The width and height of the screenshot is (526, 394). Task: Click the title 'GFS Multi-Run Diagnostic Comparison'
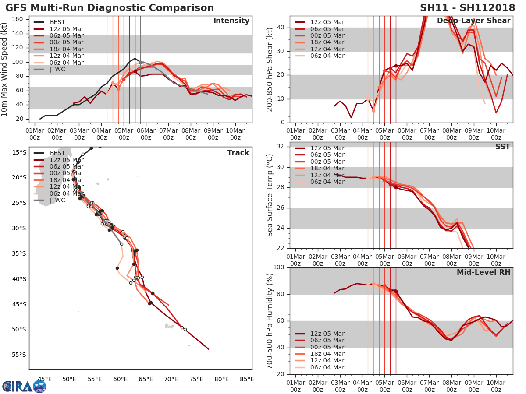110,8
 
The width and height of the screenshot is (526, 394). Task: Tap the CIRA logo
24,386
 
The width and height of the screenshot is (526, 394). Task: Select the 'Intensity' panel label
231,21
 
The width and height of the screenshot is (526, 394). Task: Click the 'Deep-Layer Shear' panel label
473,21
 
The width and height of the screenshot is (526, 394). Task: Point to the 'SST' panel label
502,147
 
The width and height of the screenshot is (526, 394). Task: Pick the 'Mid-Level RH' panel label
483,272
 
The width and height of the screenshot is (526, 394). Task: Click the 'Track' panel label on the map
238,153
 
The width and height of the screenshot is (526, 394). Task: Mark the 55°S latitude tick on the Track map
19,355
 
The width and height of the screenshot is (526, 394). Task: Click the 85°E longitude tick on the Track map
247,379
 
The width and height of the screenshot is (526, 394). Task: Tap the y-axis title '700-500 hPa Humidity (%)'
270,320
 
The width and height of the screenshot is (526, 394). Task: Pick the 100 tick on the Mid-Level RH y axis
279,267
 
